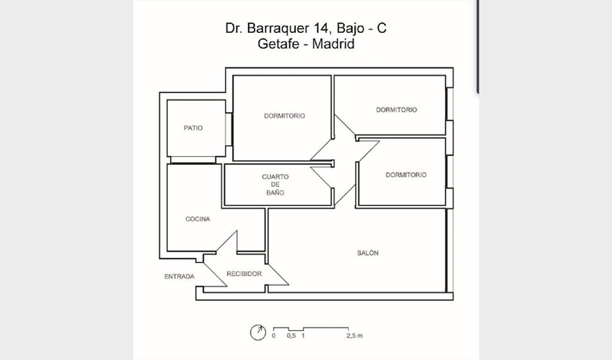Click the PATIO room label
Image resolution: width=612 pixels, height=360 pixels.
pos(193,128)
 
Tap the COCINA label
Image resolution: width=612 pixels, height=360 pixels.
pos(197,219)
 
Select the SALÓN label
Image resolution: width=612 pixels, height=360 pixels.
pos(368,253)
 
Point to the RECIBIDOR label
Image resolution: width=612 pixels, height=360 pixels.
pos(244,274)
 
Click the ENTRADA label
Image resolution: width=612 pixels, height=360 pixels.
pos(179,276)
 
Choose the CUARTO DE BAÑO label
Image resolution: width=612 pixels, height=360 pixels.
pos(275,185)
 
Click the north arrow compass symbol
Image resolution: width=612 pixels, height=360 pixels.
pos(258,332)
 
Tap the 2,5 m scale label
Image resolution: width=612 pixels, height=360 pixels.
pos(354,335)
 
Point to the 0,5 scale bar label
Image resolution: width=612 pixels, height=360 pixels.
pos(291,335)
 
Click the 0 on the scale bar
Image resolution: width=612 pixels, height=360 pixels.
pos(274,335)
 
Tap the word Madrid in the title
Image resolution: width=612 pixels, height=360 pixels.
pos(333,43)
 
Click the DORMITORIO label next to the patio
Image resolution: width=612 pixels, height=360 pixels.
pos(284,115)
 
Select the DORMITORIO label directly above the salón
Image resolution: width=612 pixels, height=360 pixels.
pos(406,175)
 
